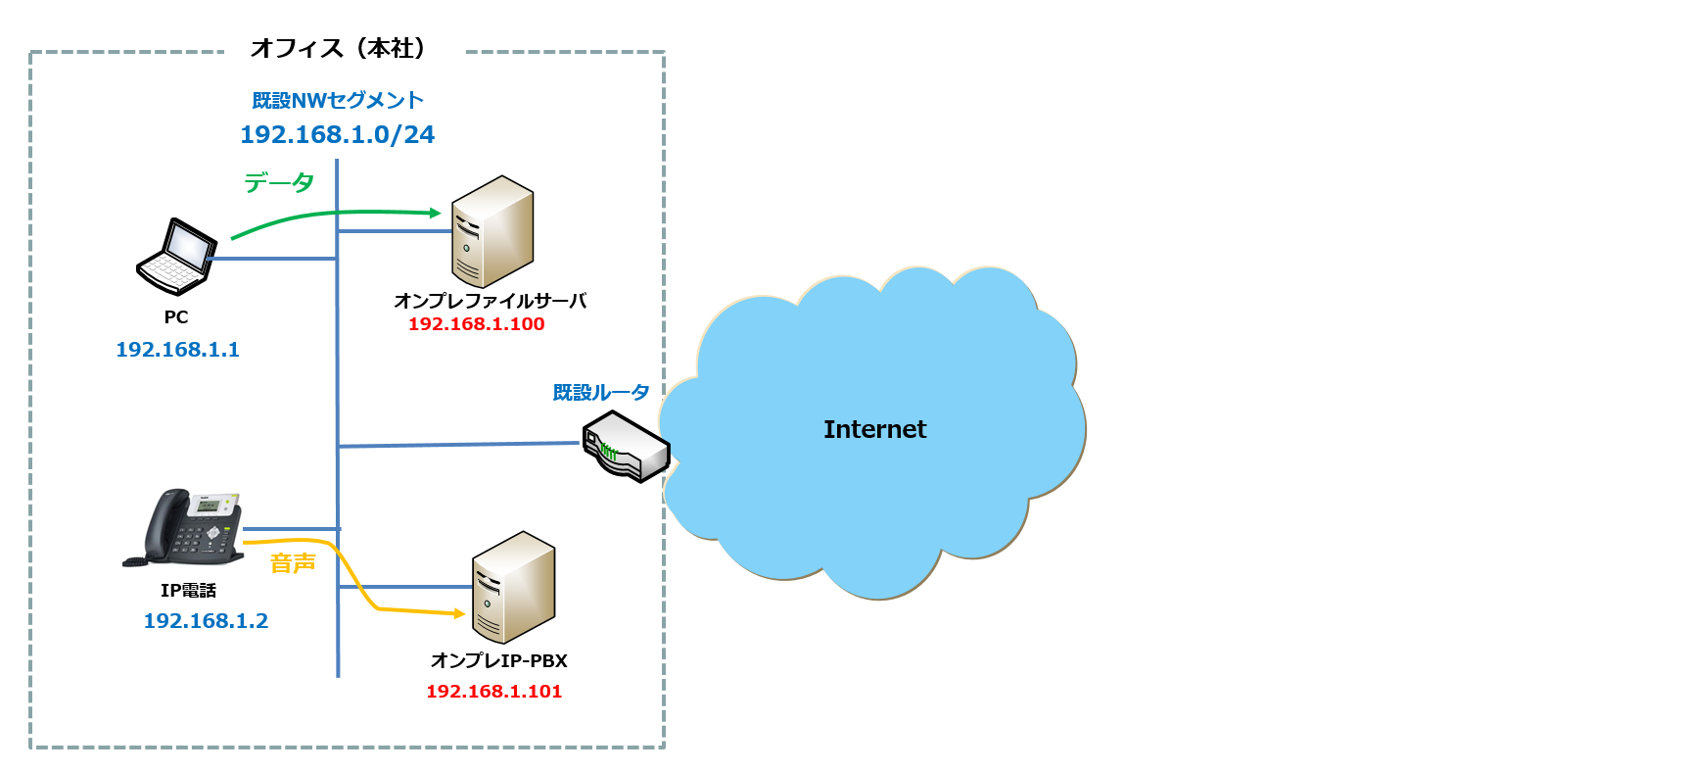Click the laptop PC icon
pyautogui.click(x=176, y=257)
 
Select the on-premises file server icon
pyautogui.click(x=492, y=232)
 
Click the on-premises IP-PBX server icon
pyautogui.click(x=513, y=587)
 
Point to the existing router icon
pyautogui.click(x=626, y=447)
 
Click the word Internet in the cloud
pyautogui.click(x=874, y=429)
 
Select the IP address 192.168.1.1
pyautogui.click(x=177, y=350)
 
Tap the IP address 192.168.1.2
pyautogui.click(x=206, y=621)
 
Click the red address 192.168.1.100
pyautogui.click(x=476, y=324)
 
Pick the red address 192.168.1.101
pyautogui.click(x=493, y=692)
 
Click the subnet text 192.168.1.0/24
pyautogui.click(x=337, y=134)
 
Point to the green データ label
pyautogui.click(x=279, y=182)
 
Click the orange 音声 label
pyautogui.click(x=293, y=563)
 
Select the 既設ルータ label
pyautogui.click(x=601, y=393)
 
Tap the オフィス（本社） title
pyautogui.click(x=338, y=48)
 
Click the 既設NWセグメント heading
pyautogui.click(x=338, y=100)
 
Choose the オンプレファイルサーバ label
pyautogui.click(x=490, y=301)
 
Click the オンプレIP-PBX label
pyautogui.click(x=498, y=661)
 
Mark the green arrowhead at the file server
pyautogui.click(x=436, y=213)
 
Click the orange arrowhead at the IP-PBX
pyautogui.click(x=458, y=614)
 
